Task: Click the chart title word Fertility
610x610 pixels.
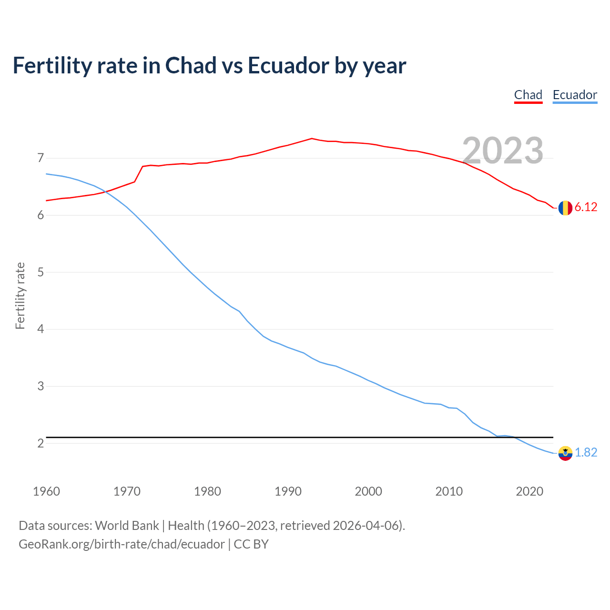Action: point(51,65)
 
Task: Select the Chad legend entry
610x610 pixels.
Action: point(528,95)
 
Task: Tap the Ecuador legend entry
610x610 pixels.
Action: point(575,95)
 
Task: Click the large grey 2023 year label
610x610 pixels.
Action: point(503,151)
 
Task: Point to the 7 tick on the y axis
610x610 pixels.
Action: point(41,158)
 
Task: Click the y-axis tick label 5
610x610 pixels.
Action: point(41,272)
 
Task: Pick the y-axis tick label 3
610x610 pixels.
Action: point(41,386)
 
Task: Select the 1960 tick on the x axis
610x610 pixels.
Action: point(46,491)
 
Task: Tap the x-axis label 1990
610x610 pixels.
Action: point(288,491)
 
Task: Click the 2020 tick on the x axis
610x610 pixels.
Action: point(529,491)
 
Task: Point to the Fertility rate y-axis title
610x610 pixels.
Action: point(20,295)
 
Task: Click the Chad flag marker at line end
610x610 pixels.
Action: point(565,208)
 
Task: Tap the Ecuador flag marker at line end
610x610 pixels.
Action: point(565,453)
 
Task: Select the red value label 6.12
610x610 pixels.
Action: point(586,207)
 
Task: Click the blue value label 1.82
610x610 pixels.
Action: point(586,452)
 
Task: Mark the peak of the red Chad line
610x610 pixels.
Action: point(312,138)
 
